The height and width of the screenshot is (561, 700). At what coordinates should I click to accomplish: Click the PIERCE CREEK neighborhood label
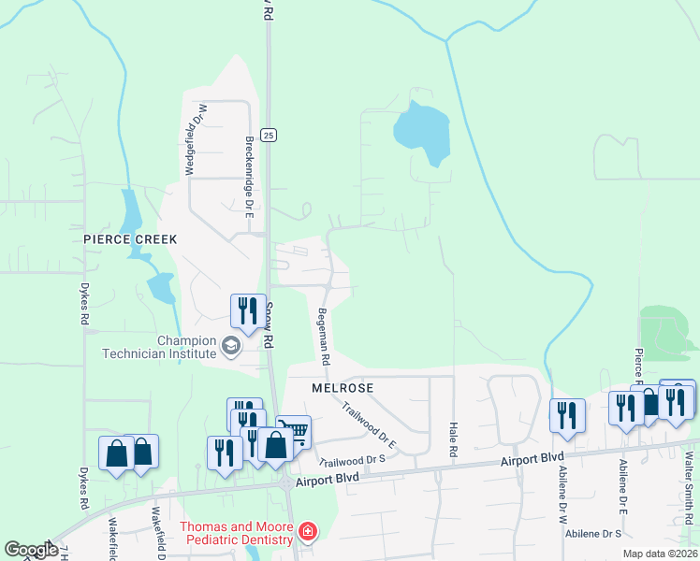click(130, 239)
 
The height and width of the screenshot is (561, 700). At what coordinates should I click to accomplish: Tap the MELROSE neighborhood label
click(343, 387)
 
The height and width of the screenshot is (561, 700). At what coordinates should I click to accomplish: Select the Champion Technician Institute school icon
click(229, 348)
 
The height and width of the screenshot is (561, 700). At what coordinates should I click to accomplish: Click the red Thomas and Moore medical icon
click(308, 533)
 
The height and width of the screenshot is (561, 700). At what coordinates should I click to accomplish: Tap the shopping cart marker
click(294, 431)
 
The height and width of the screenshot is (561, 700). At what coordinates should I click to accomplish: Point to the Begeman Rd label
click(324, 337)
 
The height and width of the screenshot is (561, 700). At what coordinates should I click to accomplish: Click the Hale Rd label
click(454, 439)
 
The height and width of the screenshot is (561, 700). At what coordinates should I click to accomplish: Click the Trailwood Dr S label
click(353, 460)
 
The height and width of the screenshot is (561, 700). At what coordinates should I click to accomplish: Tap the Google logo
click(31, 550)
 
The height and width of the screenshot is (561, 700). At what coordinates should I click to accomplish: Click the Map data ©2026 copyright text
click(659, 554)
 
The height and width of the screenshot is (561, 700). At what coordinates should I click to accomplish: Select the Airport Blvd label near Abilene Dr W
click(532, 459)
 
